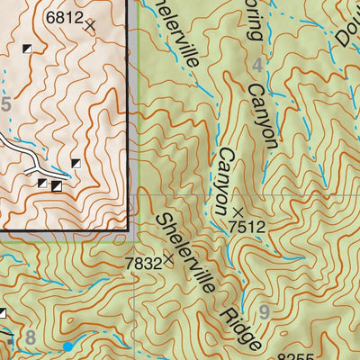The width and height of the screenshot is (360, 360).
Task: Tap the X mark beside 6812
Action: coord(89,26)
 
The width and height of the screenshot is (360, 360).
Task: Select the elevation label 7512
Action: coord(247,227)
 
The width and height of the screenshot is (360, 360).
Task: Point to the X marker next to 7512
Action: coord(237,212)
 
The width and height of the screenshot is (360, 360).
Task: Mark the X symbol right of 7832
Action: coord(168,260)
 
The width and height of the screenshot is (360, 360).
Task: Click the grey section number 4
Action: coord(259,65)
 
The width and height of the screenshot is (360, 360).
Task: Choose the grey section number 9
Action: coord(264,312)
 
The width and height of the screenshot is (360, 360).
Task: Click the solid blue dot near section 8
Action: coord(67,346)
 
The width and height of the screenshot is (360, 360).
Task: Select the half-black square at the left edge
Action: coord(2,313)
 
